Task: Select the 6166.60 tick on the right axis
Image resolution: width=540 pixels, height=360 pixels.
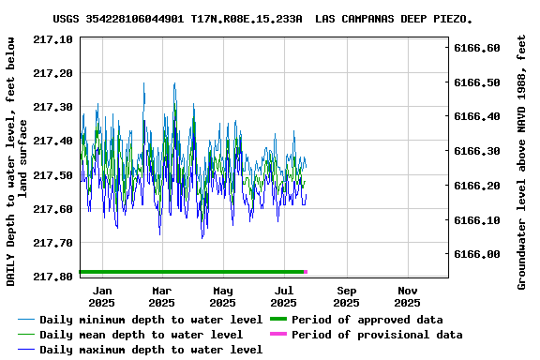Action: click(x=477, y=48)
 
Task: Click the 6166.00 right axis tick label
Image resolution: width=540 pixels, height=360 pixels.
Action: click(x=477, y=254)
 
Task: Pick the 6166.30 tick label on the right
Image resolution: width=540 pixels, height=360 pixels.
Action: click(x=477, y=151)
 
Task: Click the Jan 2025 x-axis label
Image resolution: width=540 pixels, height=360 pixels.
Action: click(x=101, y=296)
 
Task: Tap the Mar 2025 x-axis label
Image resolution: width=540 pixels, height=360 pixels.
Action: click(x=161, y=296)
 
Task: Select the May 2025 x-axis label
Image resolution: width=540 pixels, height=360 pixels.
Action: click(x=222, y=296)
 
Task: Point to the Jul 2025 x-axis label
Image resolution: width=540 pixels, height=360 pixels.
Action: click(x=283, y=296)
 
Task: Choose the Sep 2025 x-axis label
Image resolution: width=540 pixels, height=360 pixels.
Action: click(x=346, y=296)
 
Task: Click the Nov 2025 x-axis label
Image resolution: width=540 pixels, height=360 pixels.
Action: click(x=407, y=296)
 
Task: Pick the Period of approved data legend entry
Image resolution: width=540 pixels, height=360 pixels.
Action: click(x=367, y=320)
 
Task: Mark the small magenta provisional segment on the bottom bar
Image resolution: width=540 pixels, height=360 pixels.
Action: click(x=306, y=272)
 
